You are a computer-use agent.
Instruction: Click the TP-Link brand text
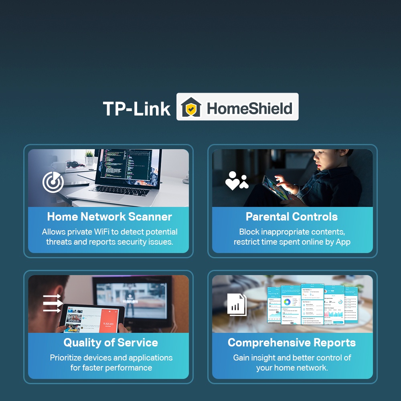[137, 108]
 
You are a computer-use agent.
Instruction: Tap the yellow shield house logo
[190, 107]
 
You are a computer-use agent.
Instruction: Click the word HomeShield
[249, 108]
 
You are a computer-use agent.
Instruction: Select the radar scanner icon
[53, 182]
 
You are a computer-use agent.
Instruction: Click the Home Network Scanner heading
[109, 217]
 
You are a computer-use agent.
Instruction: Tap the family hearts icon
[237, 181]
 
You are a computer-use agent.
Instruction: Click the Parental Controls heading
[292, 217]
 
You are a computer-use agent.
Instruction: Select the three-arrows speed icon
[52, 303]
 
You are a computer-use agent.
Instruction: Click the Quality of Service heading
[111, 343]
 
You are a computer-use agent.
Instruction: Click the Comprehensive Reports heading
[292, 343]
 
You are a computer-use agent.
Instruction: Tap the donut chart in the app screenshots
[287, 302]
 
